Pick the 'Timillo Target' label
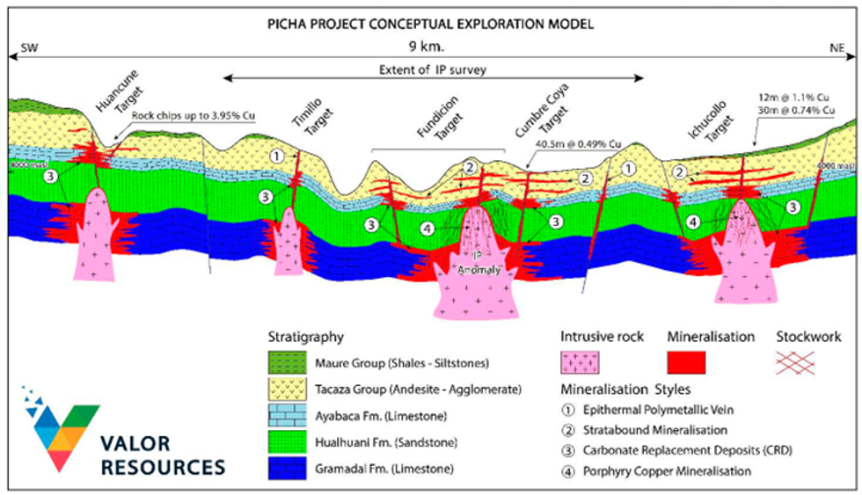(x=305, y=120)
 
